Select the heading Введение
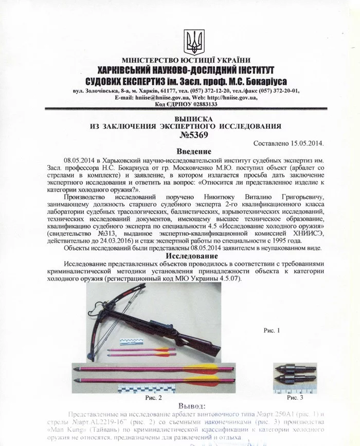pos(194,152)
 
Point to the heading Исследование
pos(194,256)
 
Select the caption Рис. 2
pos(154,398)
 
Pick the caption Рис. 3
pos(295,397)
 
